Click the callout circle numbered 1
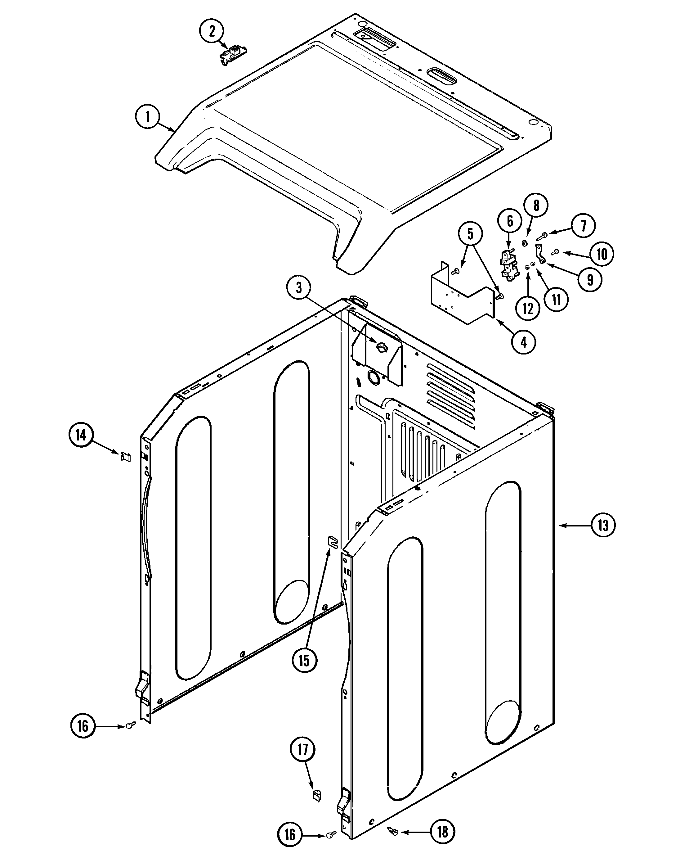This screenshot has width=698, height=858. coord(148,117)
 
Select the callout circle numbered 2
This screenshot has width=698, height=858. coord(212,31)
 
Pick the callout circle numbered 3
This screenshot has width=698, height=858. coord(299,288)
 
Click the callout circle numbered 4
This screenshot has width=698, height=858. coord(524,342)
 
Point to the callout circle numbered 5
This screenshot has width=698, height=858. coord(470,234)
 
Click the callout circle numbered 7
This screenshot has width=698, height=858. coord(583,226)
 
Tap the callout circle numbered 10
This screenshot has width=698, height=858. coord(602,254)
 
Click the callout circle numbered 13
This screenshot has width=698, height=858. coord(603,525)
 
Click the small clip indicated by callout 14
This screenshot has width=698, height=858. coord(125,457)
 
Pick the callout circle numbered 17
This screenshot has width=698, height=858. coord(302,750)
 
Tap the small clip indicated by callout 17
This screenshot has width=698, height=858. coord(317,795)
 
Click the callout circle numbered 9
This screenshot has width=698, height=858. coord(590,280)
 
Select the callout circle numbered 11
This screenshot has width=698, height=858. coord(556,299)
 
